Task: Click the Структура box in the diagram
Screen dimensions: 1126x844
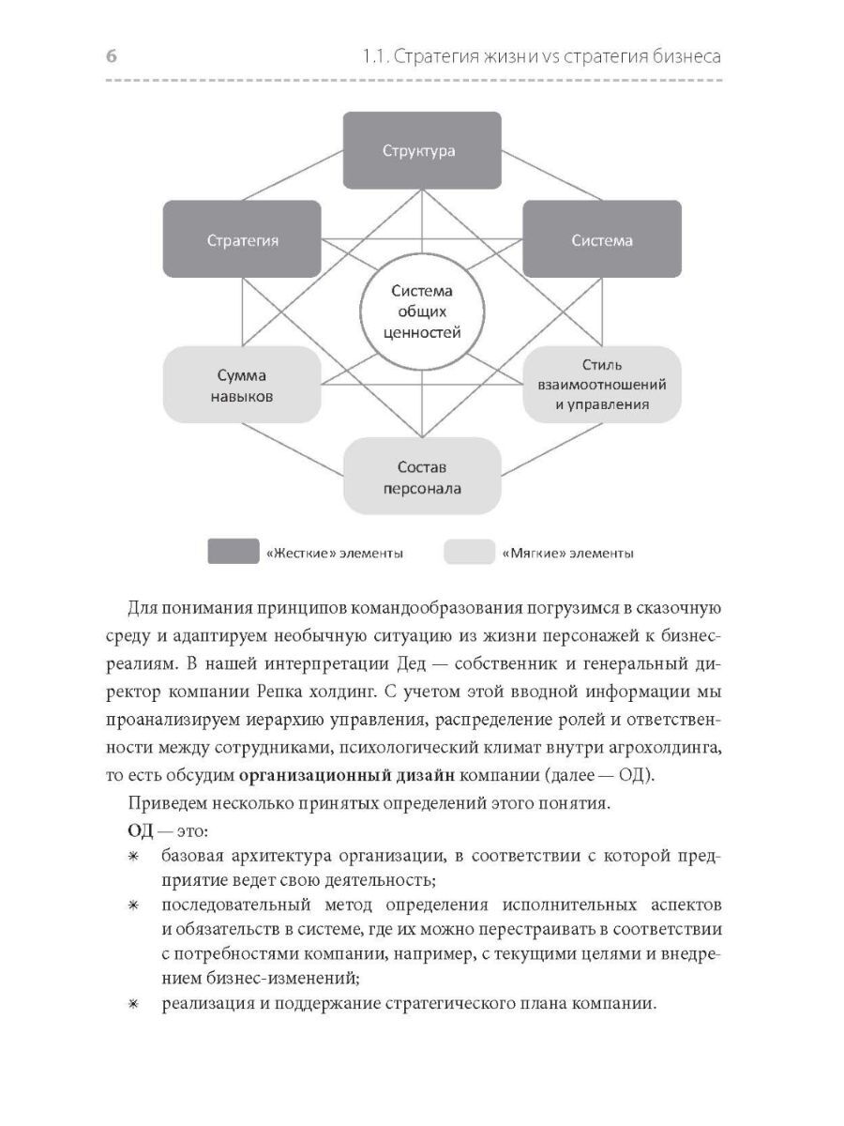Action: (421, 150)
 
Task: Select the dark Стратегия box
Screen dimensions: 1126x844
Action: (242, 239)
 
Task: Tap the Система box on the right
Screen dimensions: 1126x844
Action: (602, 239)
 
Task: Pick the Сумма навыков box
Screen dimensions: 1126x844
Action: (242, 386)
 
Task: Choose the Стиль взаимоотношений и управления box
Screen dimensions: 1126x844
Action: (602, 385)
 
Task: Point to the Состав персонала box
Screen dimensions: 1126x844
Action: (421, 478)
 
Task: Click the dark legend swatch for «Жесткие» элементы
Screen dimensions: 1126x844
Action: (233, 553)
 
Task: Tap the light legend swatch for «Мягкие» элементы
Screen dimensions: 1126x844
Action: (469, 553)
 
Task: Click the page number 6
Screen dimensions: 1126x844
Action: (111, 56)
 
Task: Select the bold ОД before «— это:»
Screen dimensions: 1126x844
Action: (139, 831)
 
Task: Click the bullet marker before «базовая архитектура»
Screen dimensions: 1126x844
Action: (133, 858)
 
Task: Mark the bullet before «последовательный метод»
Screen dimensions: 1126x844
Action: (133, 905)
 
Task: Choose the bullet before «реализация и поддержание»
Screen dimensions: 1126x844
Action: (133, 1003)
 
